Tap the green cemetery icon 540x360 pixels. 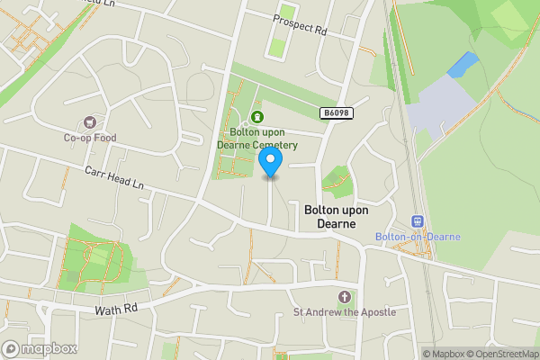tap(257, 116)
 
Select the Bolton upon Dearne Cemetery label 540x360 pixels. tap(256, 139)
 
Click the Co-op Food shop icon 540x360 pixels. tap(89, 122)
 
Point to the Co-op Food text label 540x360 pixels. tap(89, 138)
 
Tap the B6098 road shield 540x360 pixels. tap(335, 113)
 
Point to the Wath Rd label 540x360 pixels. tap(117, 310)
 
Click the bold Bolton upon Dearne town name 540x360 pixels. tap(337, 216)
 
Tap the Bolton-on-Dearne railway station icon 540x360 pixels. tap(418, 221)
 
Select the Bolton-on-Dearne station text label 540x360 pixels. tap(418, 237)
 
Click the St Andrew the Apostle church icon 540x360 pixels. tap(343, 297)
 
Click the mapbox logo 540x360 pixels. tap(40, 348)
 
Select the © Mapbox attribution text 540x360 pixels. tap(442, 354)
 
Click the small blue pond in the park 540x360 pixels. tap(463, 64)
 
